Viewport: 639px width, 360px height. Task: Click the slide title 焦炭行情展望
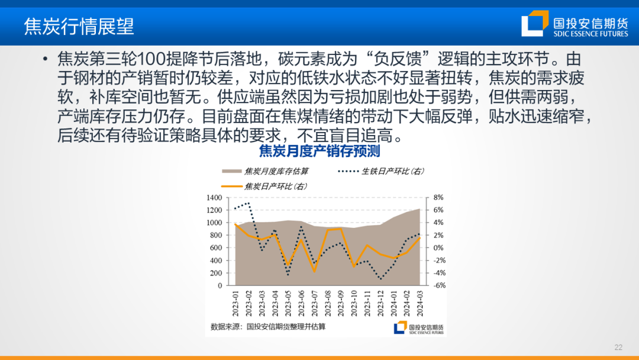point(79,26)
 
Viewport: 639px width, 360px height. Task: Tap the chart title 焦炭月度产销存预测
point(319,151)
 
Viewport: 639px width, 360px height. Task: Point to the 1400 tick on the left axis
point(214,198)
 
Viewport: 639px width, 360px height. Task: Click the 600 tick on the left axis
point(215,248)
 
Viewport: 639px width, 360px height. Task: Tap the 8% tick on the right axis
point(438,198)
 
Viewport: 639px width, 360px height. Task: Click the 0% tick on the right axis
point(438,248)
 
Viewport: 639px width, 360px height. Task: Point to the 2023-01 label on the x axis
point(236,302)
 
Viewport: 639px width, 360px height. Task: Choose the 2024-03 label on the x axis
point(420,302)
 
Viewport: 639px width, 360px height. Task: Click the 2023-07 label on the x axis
point(314,302)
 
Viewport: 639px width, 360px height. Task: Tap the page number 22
point(619,347)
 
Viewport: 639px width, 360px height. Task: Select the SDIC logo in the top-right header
point(574,26)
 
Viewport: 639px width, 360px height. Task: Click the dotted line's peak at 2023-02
point(248,203)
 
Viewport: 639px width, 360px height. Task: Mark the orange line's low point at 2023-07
point(314,271)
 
